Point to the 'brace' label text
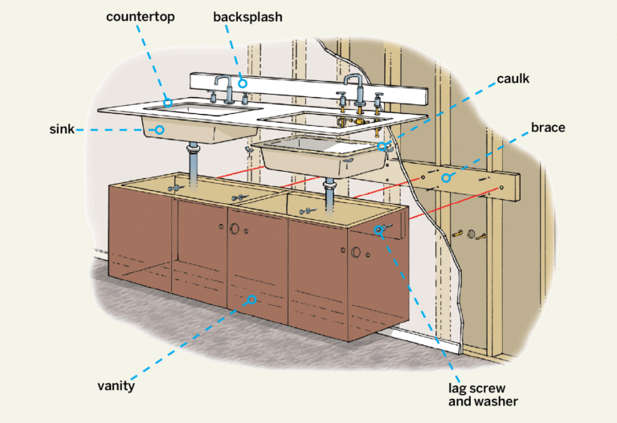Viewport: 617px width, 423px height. (549, 128)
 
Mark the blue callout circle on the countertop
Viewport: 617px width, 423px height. (168, 103)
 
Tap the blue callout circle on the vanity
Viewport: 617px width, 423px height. (251, 299)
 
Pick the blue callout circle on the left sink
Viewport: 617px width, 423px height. (159, 129)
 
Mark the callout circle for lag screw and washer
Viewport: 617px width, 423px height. (378, 230)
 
